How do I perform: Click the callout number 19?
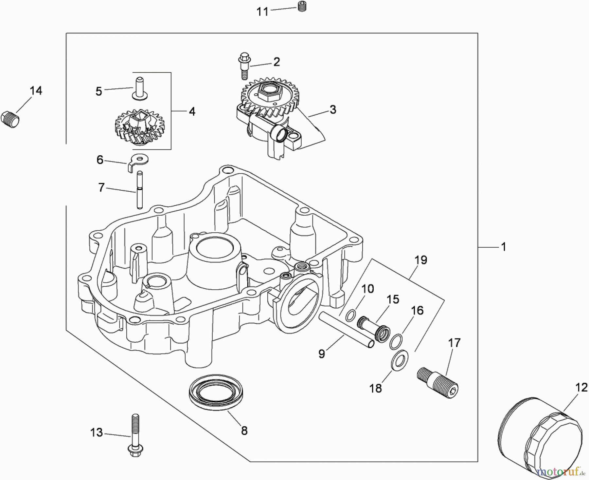pos(420,260)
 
